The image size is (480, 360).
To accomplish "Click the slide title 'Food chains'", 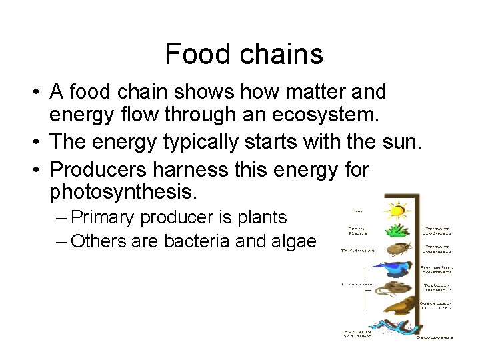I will [x=243, y=53].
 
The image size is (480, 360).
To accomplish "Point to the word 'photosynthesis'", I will [x=123, y=193].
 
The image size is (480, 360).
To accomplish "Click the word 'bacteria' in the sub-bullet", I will [x=195, y=241].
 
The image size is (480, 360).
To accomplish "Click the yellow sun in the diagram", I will [x=396, y=211].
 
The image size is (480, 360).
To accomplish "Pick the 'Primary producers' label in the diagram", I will [x=437, y=231].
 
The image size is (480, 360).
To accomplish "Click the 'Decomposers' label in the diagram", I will [x=435, y=337].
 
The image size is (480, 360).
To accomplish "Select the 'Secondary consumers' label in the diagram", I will [x=437, y=269].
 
